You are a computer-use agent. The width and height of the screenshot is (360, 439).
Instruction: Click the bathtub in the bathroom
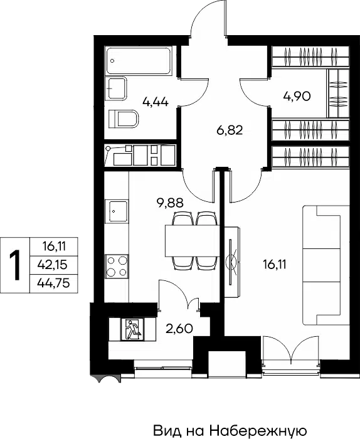coord(139,61)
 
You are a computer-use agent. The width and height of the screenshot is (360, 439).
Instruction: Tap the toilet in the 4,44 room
coord(124,119)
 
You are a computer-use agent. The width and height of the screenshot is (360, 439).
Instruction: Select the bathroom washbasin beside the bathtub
coord(117,88)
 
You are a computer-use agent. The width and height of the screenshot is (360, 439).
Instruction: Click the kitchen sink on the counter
coord(117,211)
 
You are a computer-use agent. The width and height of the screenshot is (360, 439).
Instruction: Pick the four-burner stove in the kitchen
coord(117,266)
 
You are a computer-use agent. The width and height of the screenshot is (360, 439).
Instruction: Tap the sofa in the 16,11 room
coord(326,265)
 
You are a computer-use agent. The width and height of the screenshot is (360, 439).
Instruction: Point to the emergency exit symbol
coord(132,329)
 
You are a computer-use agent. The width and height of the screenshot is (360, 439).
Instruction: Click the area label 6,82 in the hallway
coord(230,130)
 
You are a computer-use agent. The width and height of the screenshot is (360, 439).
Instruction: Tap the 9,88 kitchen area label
coord(170,203)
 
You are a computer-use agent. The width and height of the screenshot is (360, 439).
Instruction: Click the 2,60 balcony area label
coord(179,329)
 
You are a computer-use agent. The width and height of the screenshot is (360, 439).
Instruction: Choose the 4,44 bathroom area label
coord(156,102)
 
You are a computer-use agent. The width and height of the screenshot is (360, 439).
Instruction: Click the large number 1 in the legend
coord(15,265)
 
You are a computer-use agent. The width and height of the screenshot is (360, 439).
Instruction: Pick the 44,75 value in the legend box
coord(53,284)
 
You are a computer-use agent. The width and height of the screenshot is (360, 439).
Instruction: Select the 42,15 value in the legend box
coord(53,265)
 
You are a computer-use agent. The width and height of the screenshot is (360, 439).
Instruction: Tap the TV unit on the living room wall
coord(232,262)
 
